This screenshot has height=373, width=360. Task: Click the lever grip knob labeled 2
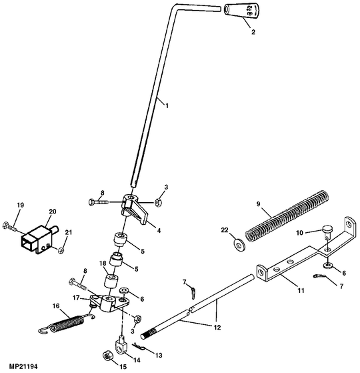(241, 11)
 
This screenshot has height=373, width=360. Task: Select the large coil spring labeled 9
(287, 216)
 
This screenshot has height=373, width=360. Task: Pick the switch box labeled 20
(39, 239)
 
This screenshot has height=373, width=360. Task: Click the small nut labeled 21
(61, 250)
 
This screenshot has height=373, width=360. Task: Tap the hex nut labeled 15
(107, 356)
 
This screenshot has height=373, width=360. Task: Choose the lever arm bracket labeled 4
(134, 209)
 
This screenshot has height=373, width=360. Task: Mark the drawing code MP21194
(23, 366)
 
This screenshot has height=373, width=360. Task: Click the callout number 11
(301, 290)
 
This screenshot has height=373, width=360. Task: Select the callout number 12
(217, 328)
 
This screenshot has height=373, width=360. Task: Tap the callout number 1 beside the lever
(167, 105)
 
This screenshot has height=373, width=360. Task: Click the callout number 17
(76, 298)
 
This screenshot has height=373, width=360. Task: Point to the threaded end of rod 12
(148, 332)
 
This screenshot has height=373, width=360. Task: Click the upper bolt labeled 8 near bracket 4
(99, 202)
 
